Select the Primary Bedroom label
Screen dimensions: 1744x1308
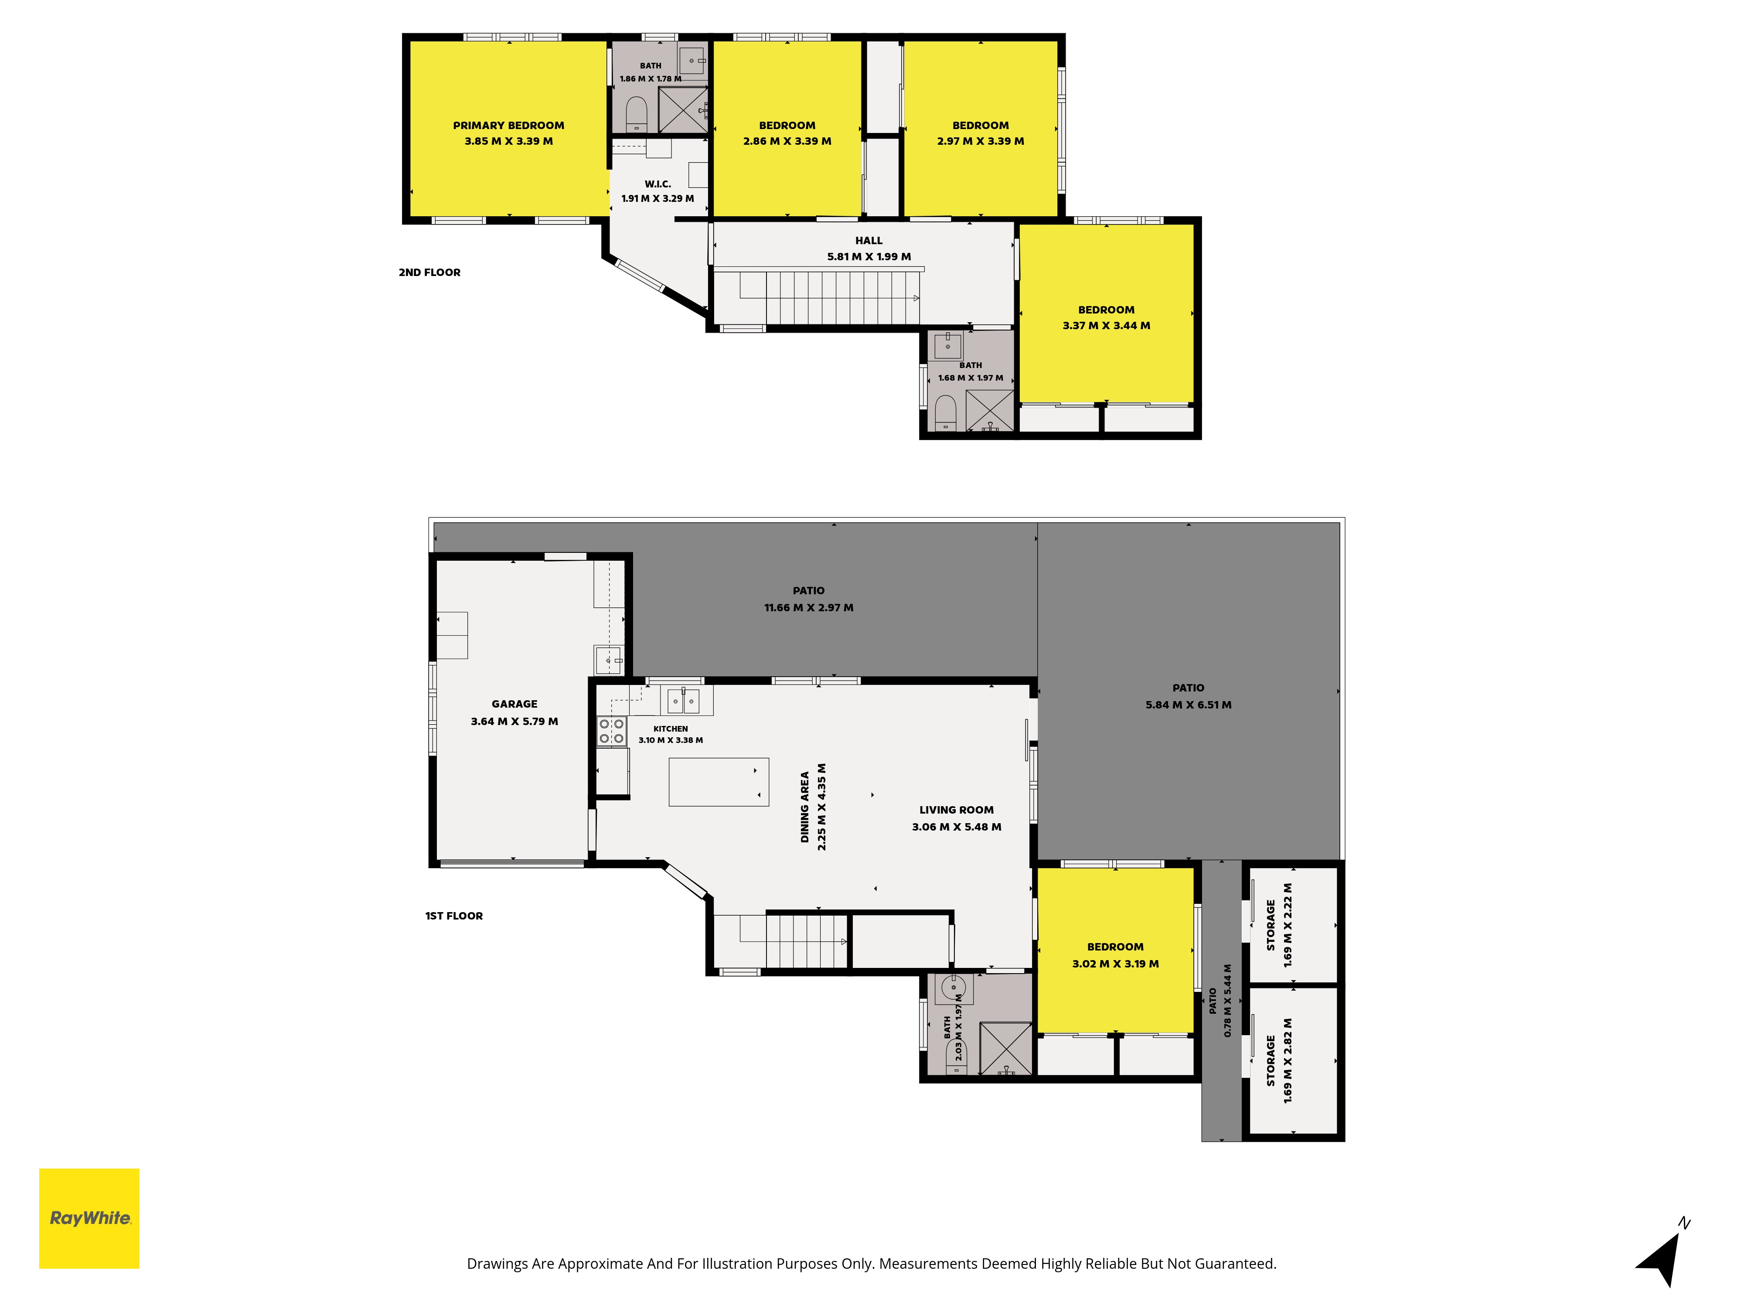(x=508, y=126)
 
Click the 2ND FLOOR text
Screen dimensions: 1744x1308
(x=430, y=272)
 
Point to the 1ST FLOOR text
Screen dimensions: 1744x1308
(x=454, y=915)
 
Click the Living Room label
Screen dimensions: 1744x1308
(x=956, y=810)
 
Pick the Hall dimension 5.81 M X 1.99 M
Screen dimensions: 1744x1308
(x=869, y=256)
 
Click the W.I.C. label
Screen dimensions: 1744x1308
(x=657, y=184)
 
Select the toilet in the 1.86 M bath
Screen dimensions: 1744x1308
(x=636, y=114)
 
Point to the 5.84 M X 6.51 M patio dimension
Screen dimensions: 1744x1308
(x=1188, y=705)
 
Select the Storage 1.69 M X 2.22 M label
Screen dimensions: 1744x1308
(x=1279, y=925)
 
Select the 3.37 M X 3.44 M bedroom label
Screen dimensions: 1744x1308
(x=1106, y=326)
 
